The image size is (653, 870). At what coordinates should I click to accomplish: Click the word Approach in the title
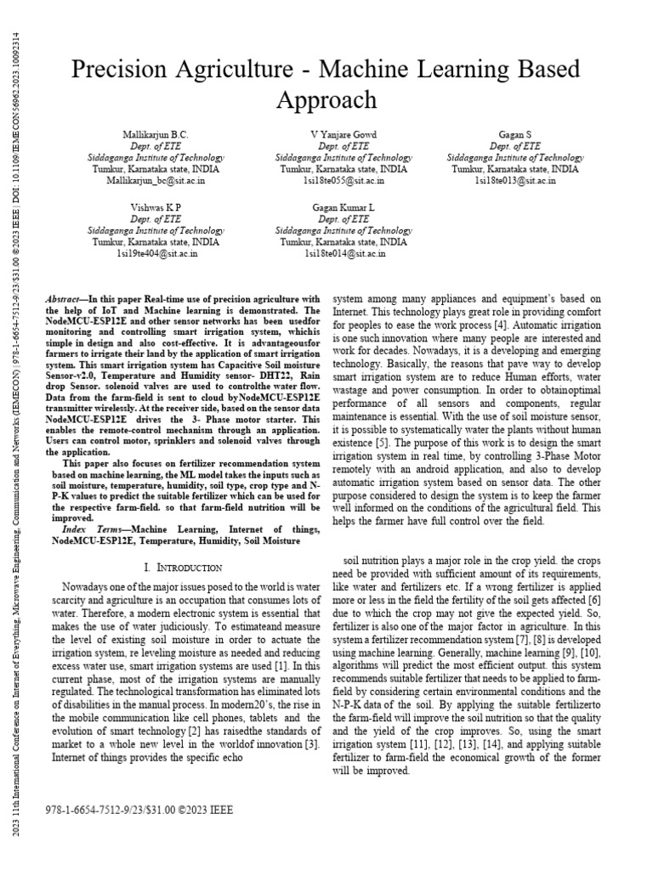click(326, 99)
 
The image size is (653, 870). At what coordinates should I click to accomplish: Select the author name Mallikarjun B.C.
click(156, 135)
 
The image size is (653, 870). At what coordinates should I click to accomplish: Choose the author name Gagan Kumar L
click(344, 207)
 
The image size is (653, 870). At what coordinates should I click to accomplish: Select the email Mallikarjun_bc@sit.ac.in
click(156, 179)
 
